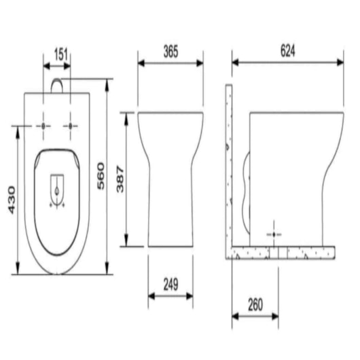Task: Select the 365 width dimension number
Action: point(170,51)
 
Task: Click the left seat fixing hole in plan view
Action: point(43,127)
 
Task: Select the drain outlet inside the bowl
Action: point(58,186)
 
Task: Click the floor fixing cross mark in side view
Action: point(275,232)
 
